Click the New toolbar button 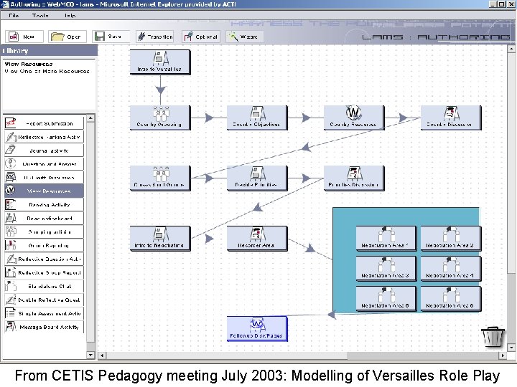point(24,37)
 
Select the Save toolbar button point(108,37)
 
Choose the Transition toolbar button point(154,37)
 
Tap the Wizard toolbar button point(243,37)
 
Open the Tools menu point(40,15)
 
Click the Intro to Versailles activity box point(160,62)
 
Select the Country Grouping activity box point(160,117)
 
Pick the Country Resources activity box point(353,117)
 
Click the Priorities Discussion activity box point(353,178)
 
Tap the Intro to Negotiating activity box point(160,238)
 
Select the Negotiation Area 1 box point(386,238)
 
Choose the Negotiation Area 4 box point(450,268)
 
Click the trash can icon point(493,335)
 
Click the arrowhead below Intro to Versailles point(160,90)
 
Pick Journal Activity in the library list point(44,150)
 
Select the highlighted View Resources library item point(44,191)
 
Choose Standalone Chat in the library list point(44,286)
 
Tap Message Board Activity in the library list point(44,327)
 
